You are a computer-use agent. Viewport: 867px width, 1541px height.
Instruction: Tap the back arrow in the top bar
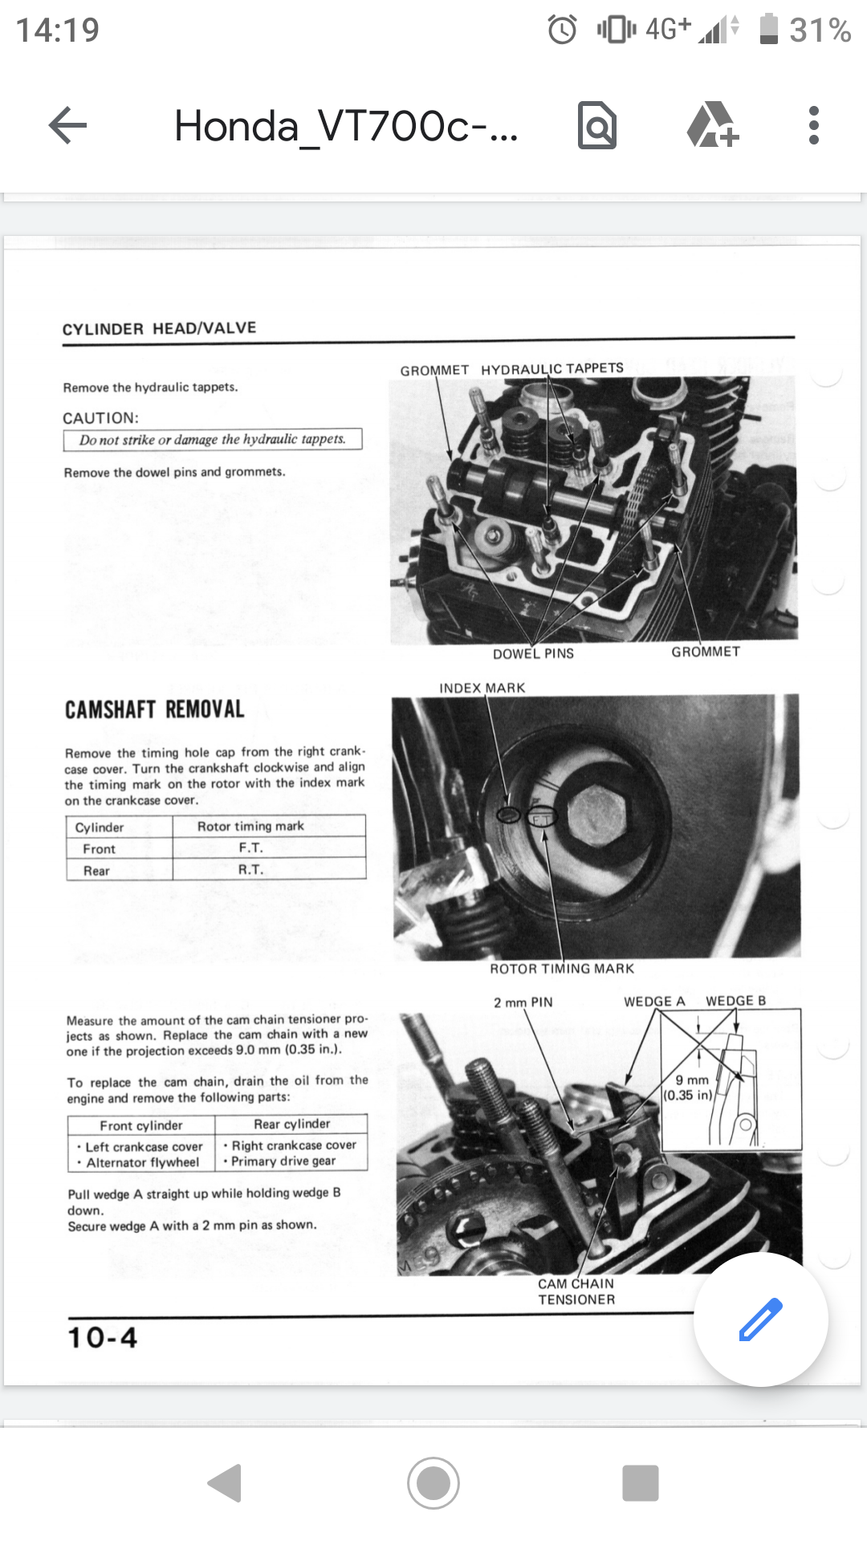click(67, 126)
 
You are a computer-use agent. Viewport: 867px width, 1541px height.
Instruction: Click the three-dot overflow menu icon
click(813, 126)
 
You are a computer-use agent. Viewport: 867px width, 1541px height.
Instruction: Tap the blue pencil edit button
click(760, 1319)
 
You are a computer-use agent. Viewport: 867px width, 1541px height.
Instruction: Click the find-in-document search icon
click(597, 126)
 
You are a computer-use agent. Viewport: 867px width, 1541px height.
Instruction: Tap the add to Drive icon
click(712, 126)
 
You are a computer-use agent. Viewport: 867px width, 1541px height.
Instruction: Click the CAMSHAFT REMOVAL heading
click(155, 710)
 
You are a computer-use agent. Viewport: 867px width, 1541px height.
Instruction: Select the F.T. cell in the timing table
click(250, 848)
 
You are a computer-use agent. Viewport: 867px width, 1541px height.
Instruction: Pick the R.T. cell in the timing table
click(250, 870)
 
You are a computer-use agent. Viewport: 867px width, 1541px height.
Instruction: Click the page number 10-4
click(103, 1338)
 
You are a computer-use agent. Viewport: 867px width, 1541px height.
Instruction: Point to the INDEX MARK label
click(482, 688)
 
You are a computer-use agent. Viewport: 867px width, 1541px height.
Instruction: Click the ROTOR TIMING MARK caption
click(562, 969)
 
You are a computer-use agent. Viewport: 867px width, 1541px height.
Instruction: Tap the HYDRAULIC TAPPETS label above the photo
click(552, 368)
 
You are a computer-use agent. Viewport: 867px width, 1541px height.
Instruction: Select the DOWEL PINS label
click(533, 654)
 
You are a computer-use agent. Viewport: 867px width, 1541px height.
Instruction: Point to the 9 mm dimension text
click(691, 1080)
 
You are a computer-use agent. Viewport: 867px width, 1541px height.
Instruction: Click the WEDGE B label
click(735, 1001)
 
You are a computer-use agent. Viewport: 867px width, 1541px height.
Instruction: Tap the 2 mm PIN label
click(523, 1002)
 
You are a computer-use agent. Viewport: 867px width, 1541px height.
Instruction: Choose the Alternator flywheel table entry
click(142, 1162)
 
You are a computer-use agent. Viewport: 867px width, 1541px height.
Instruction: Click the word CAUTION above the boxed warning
click(100, 418)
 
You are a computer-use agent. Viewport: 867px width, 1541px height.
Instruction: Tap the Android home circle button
click(433, 1483)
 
